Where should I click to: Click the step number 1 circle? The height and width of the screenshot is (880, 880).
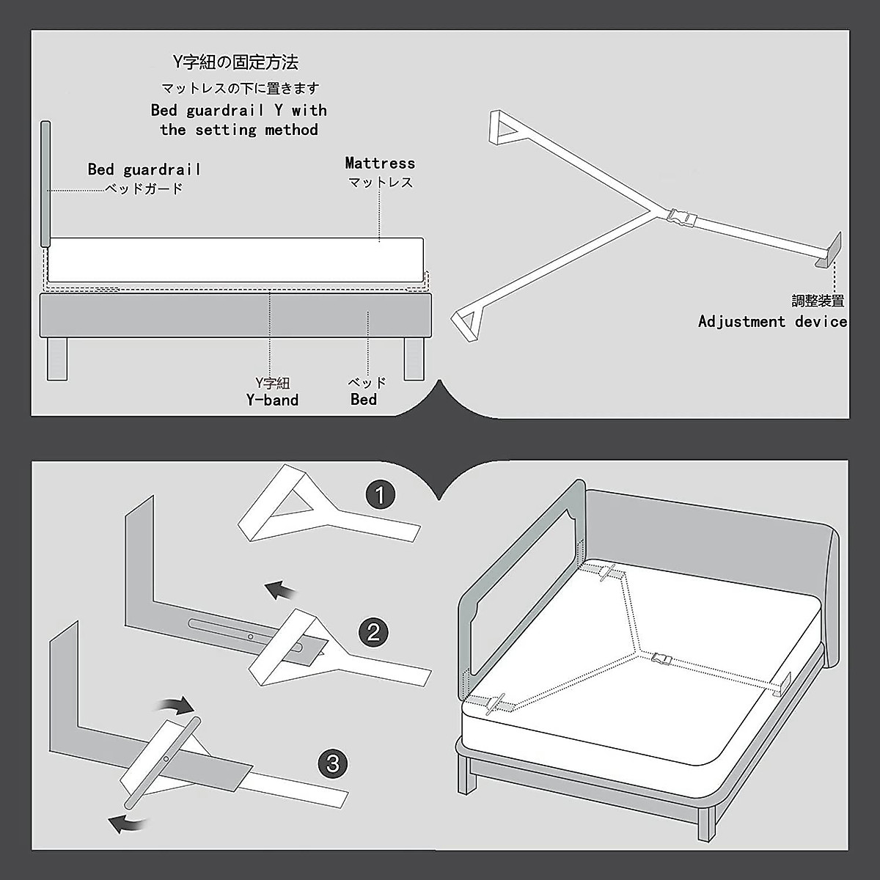[379, 495]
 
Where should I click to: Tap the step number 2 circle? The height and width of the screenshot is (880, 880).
[373, 631]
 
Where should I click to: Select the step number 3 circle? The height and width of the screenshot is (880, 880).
[333, 764]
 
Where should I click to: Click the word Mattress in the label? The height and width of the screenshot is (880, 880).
[380, 163]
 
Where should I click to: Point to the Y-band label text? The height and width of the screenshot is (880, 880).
[272, 400]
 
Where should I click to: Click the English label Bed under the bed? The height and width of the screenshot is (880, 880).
[364, 400]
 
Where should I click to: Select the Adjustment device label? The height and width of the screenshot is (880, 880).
[771, 321]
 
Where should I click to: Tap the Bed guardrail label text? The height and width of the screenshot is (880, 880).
[144, 169]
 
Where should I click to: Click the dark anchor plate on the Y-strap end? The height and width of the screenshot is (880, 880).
[829, 252]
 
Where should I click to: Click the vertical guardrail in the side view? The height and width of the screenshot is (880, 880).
[47, 183]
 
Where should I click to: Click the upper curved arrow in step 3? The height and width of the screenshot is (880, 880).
[177, 705]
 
